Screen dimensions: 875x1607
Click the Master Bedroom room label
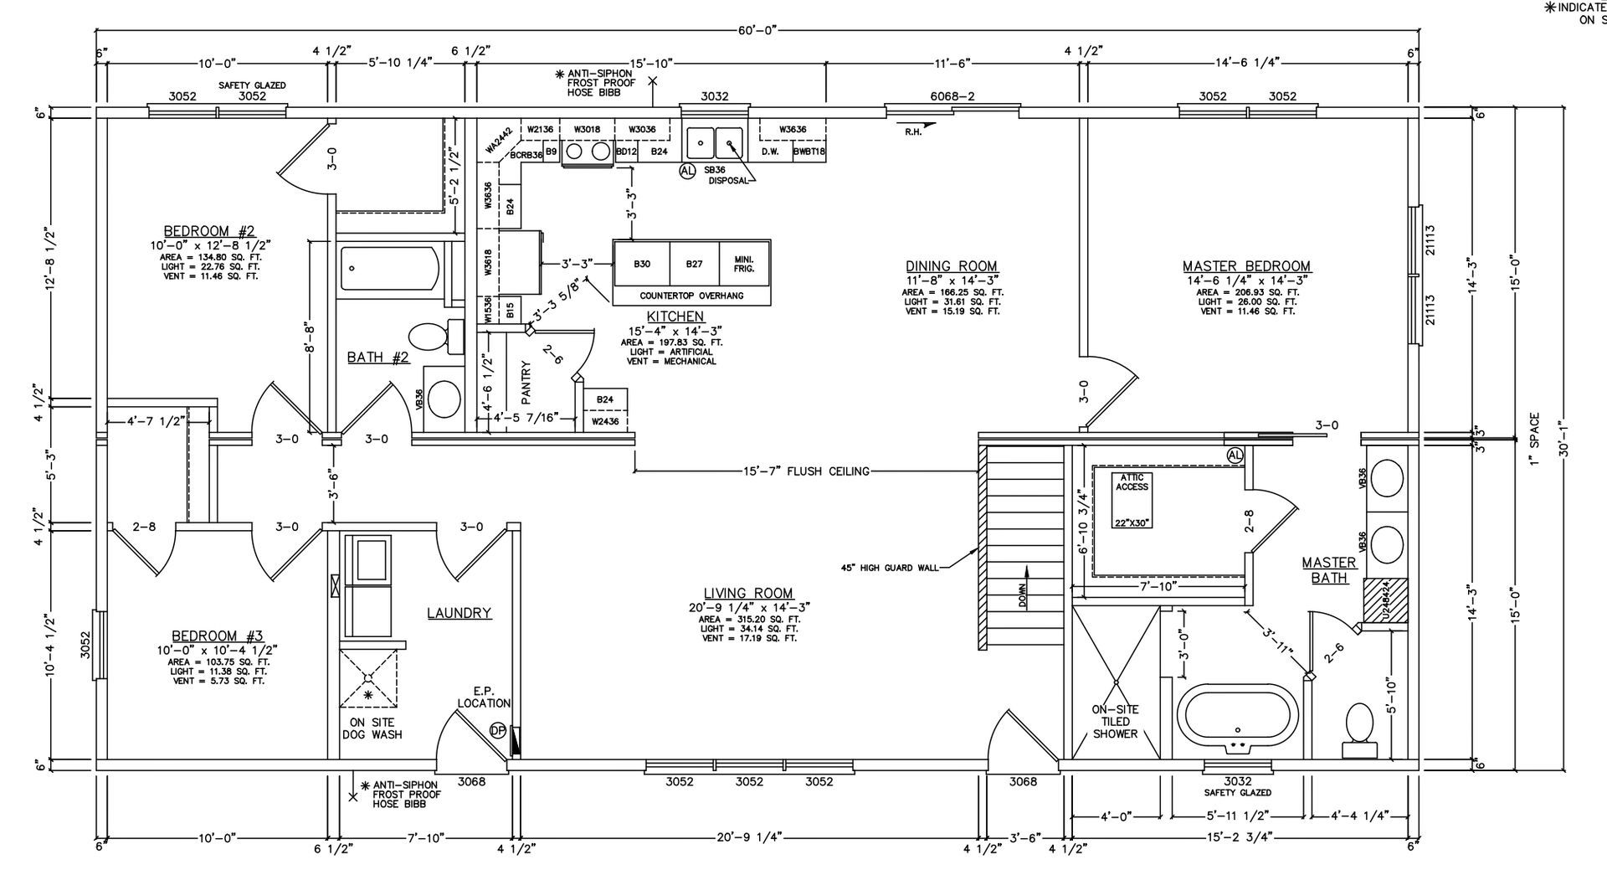(x=1246, y=266)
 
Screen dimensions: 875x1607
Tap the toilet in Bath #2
(x=436, y=337)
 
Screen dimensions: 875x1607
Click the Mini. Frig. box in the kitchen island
(x=744, y=264)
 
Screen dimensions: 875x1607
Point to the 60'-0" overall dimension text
(x=758, y=30)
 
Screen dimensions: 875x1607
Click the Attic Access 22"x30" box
(x=1132, y=500)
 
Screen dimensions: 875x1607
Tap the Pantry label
(x=526, y=383)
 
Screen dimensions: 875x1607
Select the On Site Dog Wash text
(x=372, y=728)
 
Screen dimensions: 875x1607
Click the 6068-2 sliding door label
(x=952, y=96)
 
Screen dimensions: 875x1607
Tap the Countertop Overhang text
(x=691, y=296)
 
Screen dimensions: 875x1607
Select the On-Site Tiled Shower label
(x=1115, y=721)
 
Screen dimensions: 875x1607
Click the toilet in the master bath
(x=1358, y=725)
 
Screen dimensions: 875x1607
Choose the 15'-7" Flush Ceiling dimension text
(x=806, y=471)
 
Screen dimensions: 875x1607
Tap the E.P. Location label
(x=484, y=697)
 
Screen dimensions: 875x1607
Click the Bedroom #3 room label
(x=217, y=636)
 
